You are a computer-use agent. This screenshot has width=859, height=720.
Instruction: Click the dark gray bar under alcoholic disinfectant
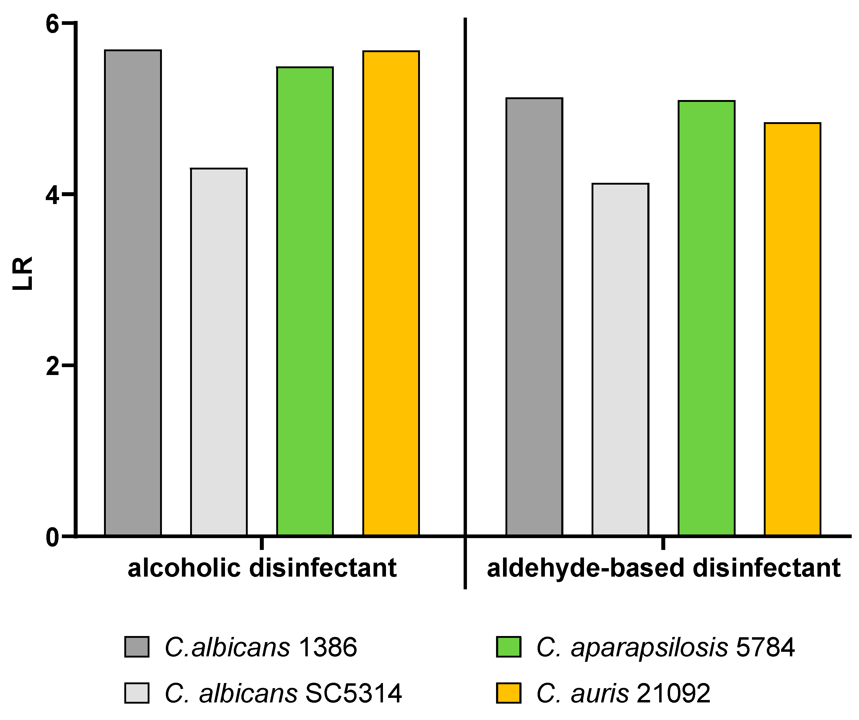pos(133,293)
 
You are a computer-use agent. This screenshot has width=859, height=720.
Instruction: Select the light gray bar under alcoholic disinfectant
pos(219,352)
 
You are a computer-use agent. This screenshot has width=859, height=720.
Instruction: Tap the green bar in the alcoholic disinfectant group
pos(305,301)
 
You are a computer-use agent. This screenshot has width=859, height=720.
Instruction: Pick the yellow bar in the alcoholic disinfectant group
pos(391,293)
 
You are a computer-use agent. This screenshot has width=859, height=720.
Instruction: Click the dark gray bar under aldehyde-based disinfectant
pos(534,317)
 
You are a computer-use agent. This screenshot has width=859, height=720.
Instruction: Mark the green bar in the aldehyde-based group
pos(707,318)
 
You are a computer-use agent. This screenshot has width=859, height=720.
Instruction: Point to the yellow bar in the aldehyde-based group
pos(793,329)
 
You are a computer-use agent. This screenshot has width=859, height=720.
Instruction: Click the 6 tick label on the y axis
pos(52,24)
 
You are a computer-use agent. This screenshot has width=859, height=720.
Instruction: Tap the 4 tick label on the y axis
pos(52,195)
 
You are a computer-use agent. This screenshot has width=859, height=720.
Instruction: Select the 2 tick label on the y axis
pos(52,366)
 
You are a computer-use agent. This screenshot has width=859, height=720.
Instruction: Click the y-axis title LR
pos(22,273)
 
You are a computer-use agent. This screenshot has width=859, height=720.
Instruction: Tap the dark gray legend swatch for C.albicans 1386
pos(137,647)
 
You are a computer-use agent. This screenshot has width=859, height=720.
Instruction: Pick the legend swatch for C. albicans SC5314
pos(137,693)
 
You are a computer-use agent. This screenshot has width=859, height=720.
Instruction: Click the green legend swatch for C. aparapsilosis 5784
pos(508,647)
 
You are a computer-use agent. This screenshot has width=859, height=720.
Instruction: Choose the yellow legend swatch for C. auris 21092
pos(508,693)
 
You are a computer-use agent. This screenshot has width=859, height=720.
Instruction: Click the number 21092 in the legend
pos(674,693)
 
